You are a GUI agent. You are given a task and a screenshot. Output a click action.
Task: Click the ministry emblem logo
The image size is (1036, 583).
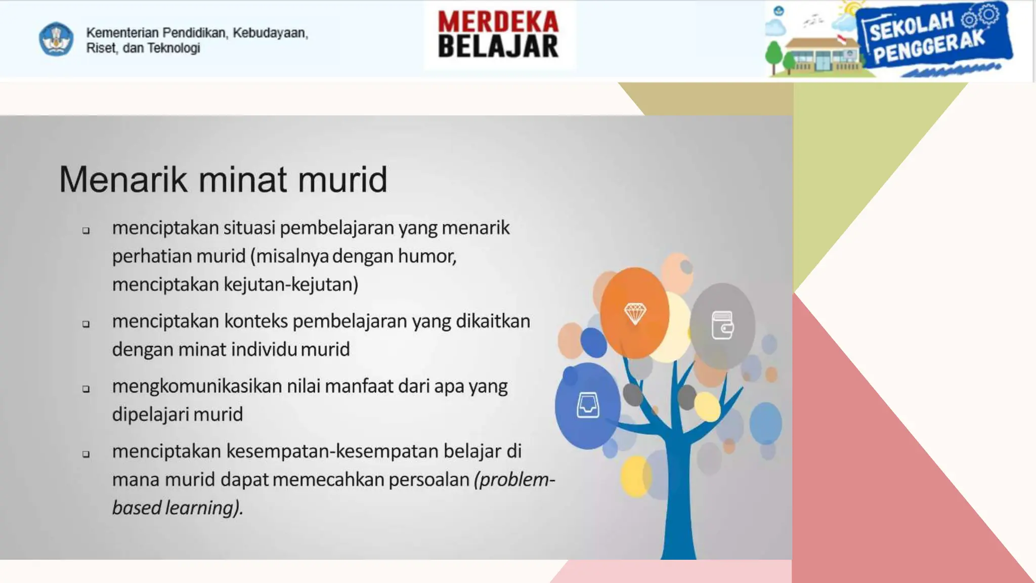tap(56, 39)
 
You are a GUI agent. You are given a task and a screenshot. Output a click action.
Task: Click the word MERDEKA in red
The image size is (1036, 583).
tap(498, 22)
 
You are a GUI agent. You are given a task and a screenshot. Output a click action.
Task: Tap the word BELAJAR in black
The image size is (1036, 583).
tap(498, 47)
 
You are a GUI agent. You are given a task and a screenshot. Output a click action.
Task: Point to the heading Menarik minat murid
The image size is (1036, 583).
tap(223, 179)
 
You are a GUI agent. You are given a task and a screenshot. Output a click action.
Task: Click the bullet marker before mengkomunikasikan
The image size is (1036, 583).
tap(86, 389)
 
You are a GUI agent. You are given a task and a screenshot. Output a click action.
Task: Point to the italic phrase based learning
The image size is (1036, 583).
tap(177, 508)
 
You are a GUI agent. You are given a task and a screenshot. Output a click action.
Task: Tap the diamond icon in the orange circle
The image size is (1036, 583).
tap(635, 314)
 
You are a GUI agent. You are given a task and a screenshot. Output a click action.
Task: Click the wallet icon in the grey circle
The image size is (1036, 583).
tap(722, 325)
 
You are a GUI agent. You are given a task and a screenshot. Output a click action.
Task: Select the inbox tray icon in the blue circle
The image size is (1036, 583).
tap(588, 405)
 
